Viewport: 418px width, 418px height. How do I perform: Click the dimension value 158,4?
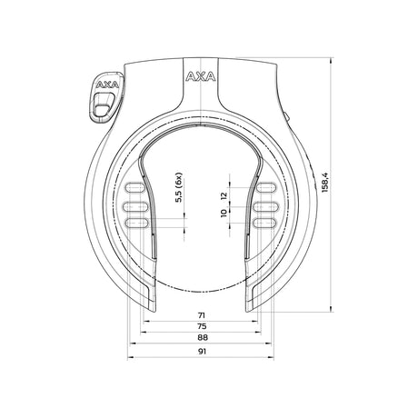(325, 182)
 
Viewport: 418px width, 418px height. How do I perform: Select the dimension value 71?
(202, 315)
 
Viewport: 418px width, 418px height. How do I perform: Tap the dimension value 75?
(202, 326)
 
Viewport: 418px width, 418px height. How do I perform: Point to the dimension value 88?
(203, 337)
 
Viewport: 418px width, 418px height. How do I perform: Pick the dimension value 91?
(202, 352)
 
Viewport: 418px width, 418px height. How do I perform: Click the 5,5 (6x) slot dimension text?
(179, 187)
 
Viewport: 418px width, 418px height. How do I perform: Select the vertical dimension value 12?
(224, 195)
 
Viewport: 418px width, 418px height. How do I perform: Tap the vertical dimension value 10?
(224, 213)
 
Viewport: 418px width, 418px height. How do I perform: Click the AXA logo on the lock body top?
(201, 76)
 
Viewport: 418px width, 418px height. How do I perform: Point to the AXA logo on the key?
(107, 85)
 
